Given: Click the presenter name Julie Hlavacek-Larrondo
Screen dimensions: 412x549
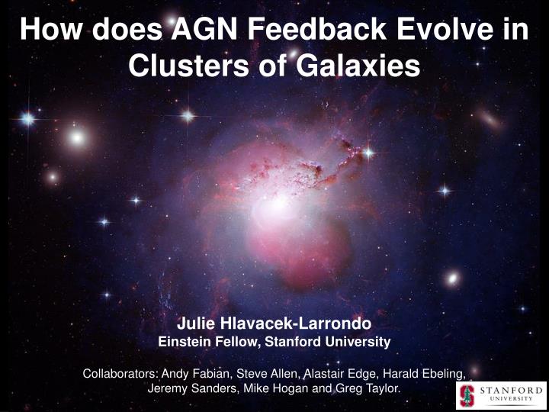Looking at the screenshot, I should click(274, 323).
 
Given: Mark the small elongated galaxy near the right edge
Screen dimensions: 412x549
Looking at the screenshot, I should click(490, 120).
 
